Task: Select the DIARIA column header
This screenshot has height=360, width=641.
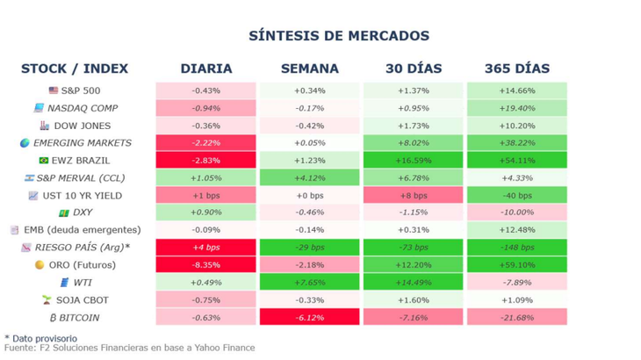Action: tap(205, 68)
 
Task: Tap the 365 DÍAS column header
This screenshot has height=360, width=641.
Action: tap(516, 68)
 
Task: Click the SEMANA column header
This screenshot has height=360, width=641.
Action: tap(309, 68)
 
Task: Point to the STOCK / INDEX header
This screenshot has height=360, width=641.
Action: tap(75, 68)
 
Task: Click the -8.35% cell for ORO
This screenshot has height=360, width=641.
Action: tap(205, 264)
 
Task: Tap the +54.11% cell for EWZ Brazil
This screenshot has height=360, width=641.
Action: tap(516, 161)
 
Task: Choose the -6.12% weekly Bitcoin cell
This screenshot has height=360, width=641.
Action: tap(309, 317)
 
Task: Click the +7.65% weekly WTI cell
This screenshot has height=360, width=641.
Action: tap(309, 282)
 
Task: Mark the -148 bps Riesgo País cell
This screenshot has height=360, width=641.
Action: tap(516, 248)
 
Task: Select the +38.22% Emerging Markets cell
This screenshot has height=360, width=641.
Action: tap(516, 143)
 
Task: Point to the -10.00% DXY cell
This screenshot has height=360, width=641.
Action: tap(516, 212)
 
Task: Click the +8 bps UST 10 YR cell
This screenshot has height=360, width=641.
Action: tap(413, 195)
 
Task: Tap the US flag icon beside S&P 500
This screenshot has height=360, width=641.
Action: tap(54, 90)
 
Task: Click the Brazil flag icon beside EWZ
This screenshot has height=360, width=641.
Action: tap(44, 161)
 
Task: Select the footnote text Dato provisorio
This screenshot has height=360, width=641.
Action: tap(44, 338)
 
